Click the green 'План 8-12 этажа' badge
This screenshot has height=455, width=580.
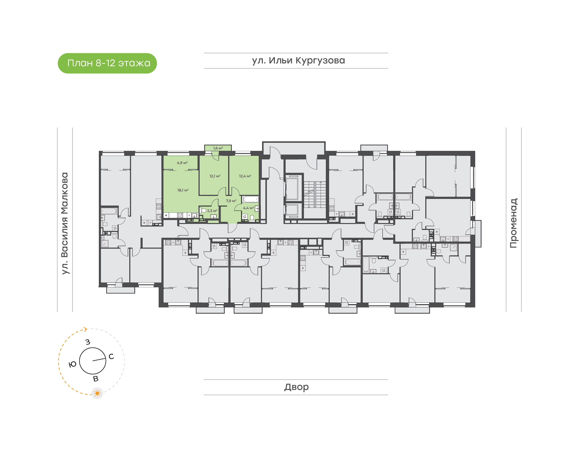(107, 63)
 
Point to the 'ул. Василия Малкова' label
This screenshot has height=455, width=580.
(65, 223)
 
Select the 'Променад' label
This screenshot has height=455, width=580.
(513, 223)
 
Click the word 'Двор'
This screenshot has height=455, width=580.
(296, 387)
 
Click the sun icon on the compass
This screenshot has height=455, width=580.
(97, 393)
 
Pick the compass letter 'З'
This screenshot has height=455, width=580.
(88, 342)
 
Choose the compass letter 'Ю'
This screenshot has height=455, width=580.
(72, 364)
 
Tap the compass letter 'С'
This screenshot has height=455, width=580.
(111, 356)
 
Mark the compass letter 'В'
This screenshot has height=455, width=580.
(96, 379)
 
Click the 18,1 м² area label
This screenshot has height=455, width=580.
(183, 190)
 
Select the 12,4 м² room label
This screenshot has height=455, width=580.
(245, 176)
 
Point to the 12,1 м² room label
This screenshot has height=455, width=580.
(215, 176)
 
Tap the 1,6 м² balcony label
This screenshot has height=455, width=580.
(218, 148)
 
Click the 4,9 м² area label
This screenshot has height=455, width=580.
(182, 163)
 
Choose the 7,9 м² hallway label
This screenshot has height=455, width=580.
(231, 201)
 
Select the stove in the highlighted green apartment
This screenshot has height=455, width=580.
(180, 215)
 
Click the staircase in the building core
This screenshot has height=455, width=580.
(315, 194)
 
